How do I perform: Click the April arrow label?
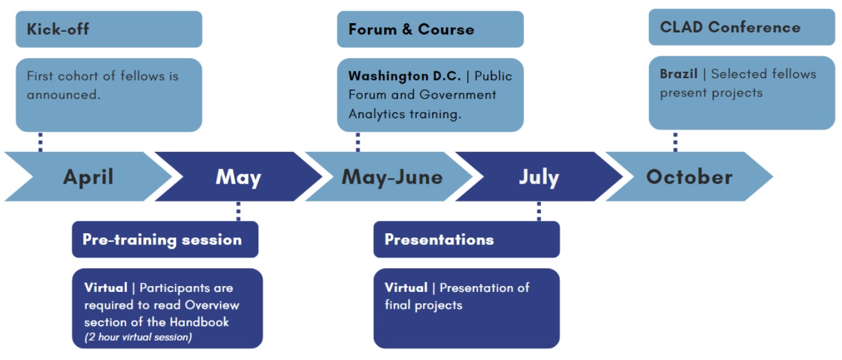(88, 177)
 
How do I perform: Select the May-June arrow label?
(392, 177)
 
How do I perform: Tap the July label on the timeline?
(539, 177)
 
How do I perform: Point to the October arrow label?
(690, 177)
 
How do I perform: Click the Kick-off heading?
(58, 29)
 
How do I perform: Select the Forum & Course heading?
(411, 29)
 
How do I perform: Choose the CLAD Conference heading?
(730, 27)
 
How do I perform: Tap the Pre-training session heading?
(162, 239)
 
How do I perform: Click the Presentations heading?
(439, 239)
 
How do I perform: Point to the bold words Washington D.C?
(405, 76)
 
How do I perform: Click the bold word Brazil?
(679, 74)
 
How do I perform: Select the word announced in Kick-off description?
(64, 94)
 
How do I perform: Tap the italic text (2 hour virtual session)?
(138, 337)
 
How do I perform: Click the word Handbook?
(199, 322)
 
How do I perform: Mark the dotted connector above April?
(41, 142)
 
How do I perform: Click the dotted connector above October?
(675, 142)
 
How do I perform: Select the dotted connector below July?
(539, 211)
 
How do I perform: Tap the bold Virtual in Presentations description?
(406, 287)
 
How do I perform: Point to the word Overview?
(212, 305)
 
